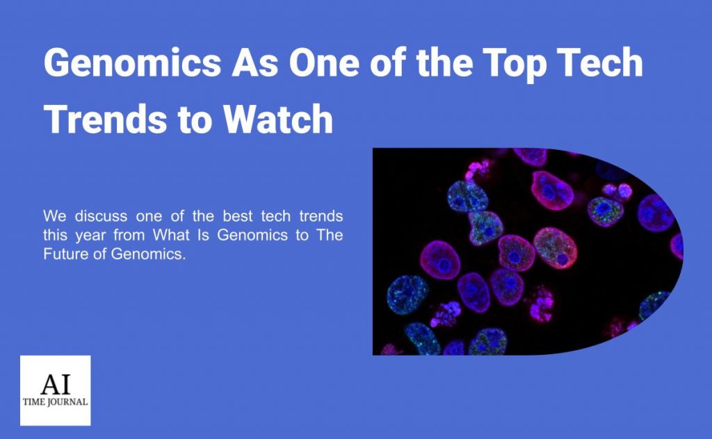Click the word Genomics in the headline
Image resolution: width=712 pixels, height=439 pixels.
tap(133, 63)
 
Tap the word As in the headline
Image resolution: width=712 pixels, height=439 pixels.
tap(255, 63)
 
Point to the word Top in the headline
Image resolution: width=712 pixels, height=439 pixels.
tap(514, 65)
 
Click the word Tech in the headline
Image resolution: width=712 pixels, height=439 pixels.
tap(599, 63)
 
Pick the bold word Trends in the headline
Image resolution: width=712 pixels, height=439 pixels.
tap(106, 119)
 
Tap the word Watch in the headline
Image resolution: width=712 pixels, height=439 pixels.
tap(278, 119)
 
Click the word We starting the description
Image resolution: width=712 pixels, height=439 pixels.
tap(54, 216)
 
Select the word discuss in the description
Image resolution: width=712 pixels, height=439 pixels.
tap(101, 216)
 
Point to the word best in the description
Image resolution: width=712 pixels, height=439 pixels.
tap(238, 216)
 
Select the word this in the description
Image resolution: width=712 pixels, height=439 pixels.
tap(54, 235)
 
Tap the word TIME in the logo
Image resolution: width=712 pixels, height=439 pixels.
tap(33, 401)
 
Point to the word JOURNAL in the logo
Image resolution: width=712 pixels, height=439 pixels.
tap(67, 401)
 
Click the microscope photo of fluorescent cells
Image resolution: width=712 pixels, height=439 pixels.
tap(528, 251)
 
